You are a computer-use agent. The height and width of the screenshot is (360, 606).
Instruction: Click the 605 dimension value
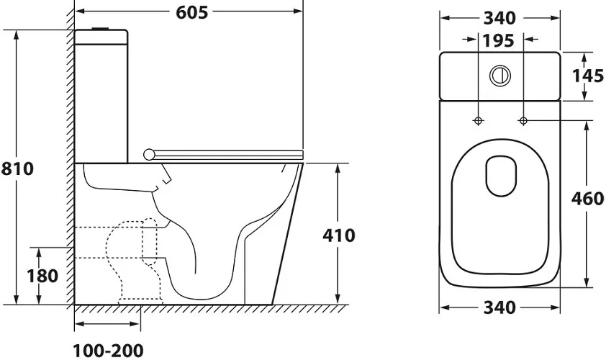pos(191,12)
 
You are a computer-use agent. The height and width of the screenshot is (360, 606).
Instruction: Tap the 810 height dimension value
pos(17,168)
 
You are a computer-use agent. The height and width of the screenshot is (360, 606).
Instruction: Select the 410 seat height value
pos(338,235)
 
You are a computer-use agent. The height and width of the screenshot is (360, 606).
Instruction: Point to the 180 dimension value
pos(42,276)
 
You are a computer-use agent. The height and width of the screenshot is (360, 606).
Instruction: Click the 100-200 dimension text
pos(108,351)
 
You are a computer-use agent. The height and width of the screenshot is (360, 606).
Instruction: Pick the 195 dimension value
pos(499,40)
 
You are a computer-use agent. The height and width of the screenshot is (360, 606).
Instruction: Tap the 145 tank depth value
pos(588,76)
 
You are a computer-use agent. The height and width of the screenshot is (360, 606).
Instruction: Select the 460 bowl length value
pos(587,199)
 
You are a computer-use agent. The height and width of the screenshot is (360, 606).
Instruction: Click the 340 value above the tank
pos(499,18)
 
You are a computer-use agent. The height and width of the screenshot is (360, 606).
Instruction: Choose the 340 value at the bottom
pos(499,307)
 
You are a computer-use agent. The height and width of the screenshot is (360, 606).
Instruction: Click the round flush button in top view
pos(500,76)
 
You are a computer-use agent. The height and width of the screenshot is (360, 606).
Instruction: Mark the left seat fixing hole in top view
pos(479,121)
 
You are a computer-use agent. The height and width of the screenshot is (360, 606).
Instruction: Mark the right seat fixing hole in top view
pos(523,121)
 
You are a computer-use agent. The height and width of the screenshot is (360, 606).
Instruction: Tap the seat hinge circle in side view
pos(149,155)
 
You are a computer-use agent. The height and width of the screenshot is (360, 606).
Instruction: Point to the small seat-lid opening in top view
pos(501,176)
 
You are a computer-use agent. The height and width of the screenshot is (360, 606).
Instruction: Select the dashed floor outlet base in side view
pos(140,300)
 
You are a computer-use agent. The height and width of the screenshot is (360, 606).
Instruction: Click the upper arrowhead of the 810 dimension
pos(17,35)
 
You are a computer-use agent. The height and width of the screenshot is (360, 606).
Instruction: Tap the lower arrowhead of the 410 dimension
pos(338,299)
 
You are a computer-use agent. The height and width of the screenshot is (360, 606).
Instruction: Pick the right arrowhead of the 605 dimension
pos(298,12)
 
